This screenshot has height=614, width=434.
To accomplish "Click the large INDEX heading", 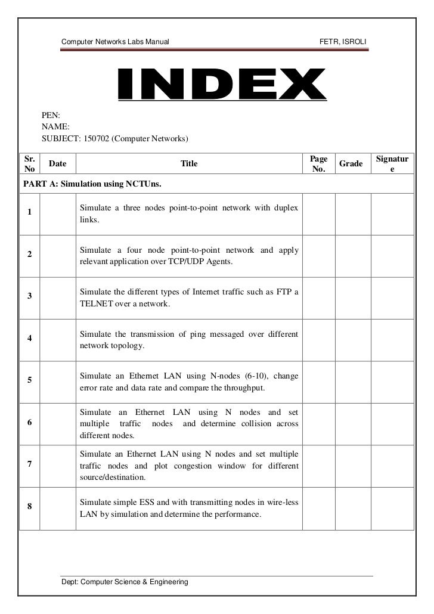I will tap(218, 86).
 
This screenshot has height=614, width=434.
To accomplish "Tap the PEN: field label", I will tap(51, 114).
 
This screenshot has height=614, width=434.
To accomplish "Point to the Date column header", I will tap(57, 163).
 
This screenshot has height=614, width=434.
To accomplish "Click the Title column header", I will tap(189, 163).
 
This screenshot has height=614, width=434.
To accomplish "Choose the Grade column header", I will tap(351, 163).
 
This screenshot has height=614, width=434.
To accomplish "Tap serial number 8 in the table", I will tap(29, 507).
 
